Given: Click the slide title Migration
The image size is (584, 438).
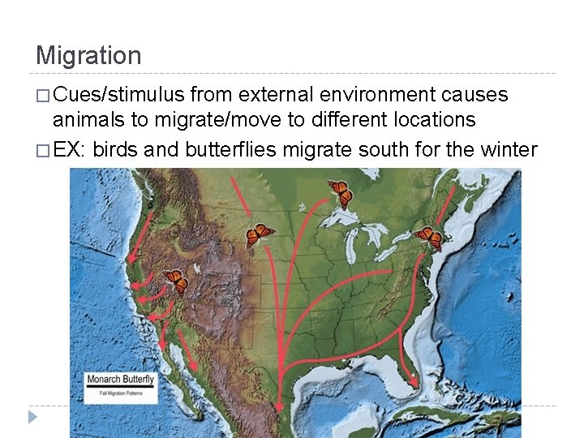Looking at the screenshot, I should click(x=88, y=56).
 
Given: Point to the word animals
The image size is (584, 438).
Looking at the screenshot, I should click(x=89, y=119).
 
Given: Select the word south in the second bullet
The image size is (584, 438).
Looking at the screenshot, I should click(x=389, y=150).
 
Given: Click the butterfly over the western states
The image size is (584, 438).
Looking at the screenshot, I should click(x=176, y=281).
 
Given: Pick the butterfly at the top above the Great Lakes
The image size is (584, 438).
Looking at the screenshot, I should click(x=341, y=192).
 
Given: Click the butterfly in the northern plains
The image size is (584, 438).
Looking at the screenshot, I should click(x=259, y=234).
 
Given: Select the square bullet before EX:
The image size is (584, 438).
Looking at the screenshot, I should click(x=42, y=151).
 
